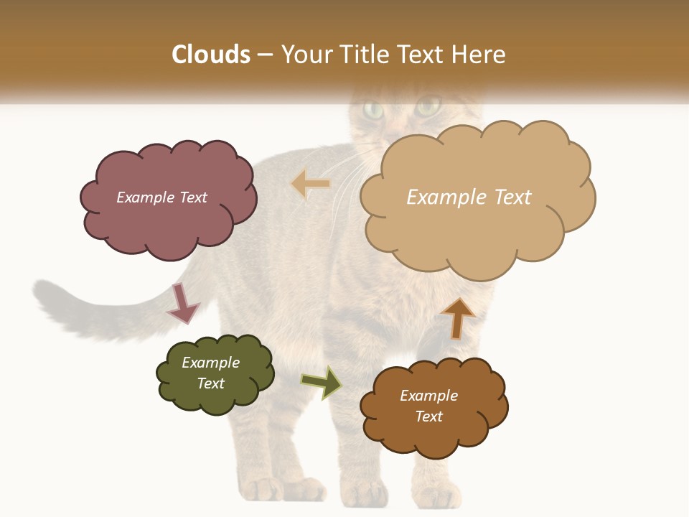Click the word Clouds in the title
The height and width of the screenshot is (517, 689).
pos(211,55)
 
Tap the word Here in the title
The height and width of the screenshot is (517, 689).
pos(480,55)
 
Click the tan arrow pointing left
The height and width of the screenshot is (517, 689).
pos(311,185)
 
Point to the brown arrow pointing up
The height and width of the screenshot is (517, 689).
pos(457,318)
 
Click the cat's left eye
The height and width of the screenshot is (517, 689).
pos(373,109)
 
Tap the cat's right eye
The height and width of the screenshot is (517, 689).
pos(428,108)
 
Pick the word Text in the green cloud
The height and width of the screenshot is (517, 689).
pos(211,383)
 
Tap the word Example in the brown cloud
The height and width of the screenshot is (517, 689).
pos(428,396)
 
